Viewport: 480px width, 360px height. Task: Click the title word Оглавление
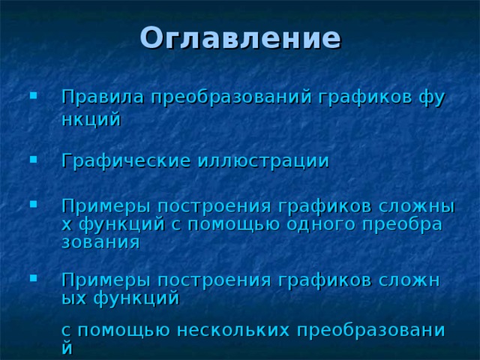[240, 37]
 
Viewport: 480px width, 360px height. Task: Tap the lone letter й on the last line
[67, 347]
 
